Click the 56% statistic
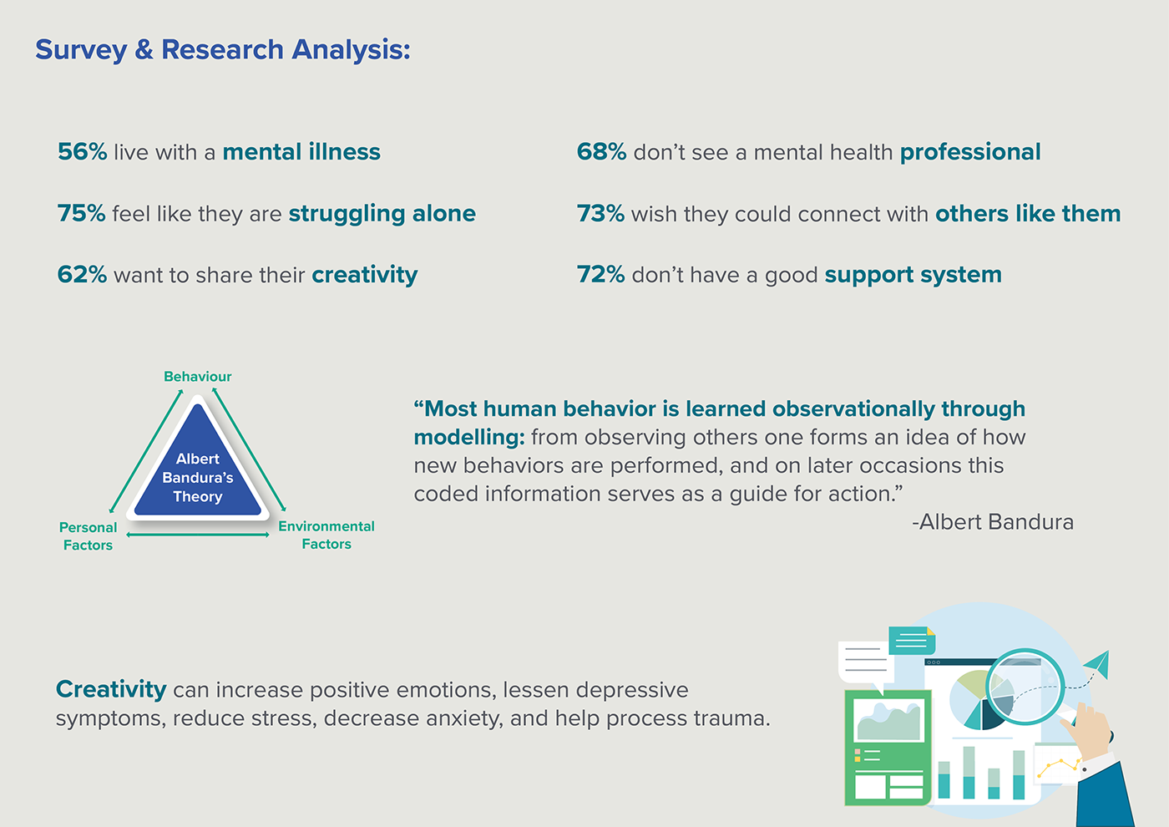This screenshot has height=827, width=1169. (x=82, y=152)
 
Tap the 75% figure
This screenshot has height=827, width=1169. (x=81, y=214)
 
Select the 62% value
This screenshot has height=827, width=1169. (x=82, y=275)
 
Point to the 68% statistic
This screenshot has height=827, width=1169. (x=601, y=152)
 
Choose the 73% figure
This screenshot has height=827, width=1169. (x=600, y=214)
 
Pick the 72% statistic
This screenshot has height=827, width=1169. (x=600, y=275)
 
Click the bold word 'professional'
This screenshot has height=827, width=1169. (x=970, y=152)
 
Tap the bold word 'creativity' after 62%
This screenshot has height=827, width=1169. (x=364, y=275)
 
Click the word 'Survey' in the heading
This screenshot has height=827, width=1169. (x=80, y=50)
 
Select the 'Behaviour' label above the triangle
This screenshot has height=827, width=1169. (x=198, y=377)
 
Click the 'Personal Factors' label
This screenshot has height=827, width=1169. (x=88, y=536)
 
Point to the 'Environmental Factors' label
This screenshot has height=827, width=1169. (x=326, y=535)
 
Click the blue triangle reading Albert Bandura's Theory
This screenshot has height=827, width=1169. (x=198, y=472)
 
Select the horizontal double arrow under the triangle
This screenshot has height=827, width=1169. (x=198, y=535)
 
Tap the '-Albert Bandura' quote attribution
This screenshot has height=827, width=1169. (x=993, y=522)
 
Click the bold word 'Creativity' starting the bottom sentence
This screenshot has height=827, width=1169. (x=111, y=689)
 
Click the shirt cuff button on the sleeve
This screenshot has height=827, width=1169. (x=1085, y=769)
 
